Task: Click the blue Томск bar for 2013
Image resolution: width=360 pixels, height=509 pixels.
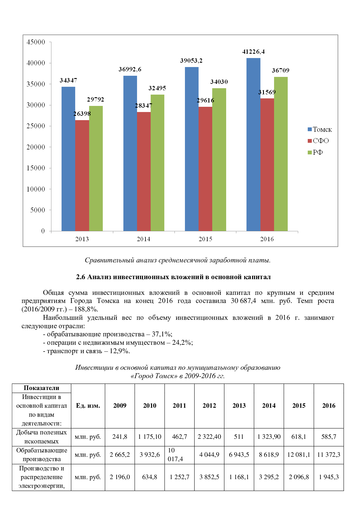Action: (68, 159)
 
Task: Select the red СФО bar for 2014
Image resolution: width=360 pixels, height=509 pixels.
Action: (144, 171)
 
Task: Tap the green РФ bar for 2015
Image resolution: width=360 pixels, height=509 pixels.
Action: (219, 160)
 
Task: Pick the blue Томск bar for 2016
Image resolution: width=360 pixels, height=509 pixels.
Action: (253, 145)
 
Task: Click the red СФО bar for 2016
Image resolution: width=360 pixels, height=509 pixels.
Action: (267, 165)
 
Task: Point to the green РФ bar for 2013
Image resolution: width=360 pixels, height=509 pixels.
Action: (96, 168)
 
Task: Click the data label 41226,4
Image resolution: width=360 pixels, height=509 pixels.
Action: (253, 52)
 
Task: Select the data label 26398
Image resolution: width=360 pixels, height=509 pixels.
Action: (82, 114)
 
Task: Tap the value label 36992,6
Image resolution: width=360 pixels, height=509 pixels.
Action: (130, 69)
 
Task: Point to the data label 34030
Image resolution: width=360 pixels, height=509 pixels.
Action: (219, 82)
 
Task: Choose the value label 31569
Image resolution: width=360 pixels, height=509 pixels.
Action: (267, 92)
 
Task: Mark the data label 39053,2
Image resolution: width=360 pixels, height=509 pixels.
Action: (191, 61)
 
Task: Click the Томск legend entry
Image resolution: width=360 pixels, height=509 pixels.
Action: (320, 130)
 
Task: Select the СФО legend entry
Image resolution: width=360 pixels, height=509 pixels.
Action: (318, 141)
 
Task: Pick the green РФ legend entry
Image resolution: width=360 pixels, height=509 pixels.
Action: (315, 153)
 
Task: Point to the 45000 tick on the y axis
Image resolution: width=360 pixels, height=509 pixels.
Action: (36, 42)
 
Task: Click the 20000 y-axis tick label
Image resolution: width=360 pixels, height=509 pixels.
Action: (36, 147)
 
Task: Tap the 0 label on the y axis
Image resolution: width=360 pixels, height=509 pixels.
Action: (43, 231)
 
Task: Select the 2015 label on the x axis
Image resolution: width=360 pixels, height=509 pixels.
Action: (205, 239)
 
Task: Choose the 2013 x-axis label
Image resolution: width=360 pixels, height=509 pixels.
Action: (82, 239)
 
